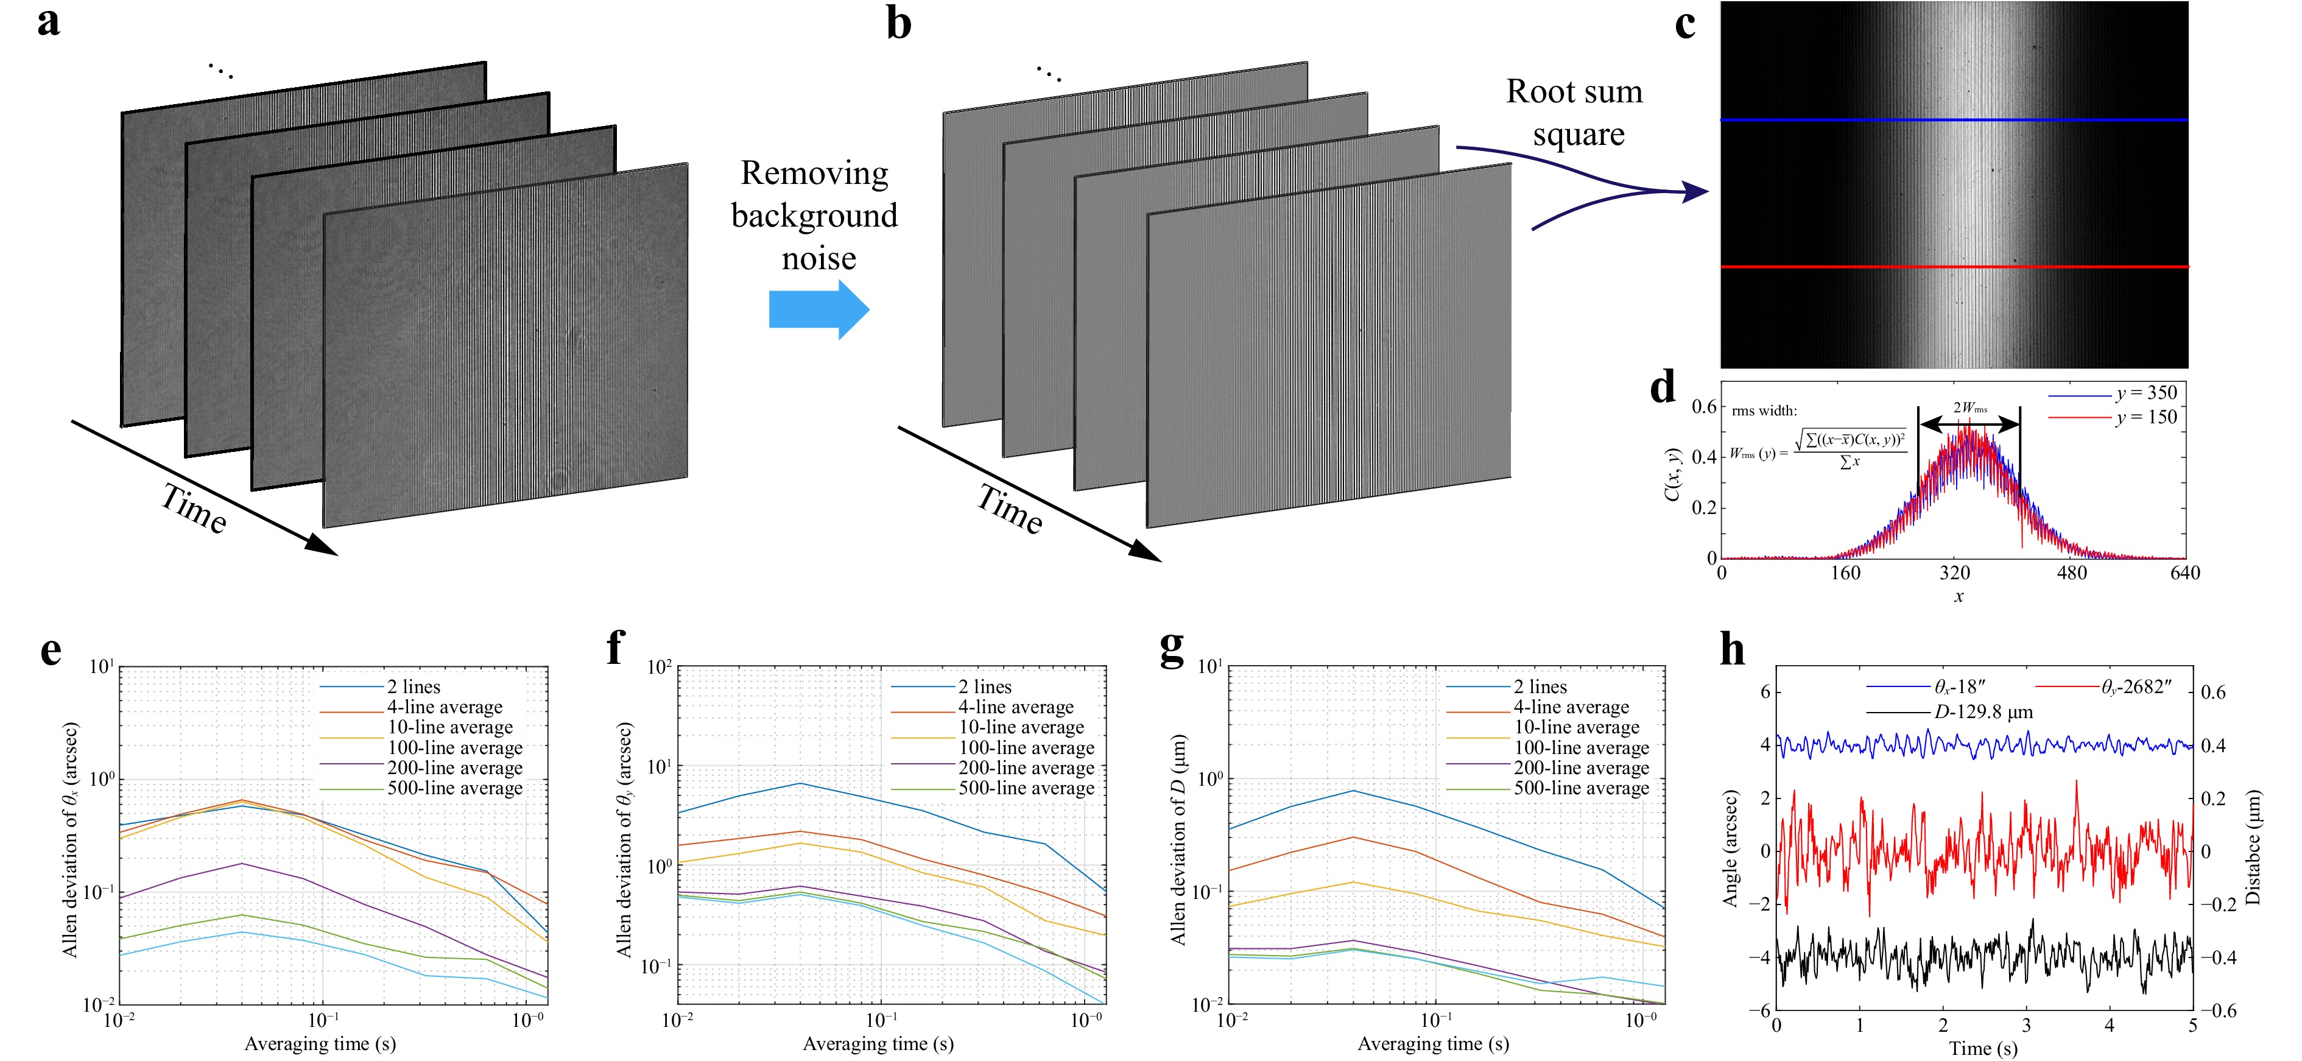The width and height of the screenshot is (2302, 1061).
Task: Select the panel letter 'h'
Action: pos(1732,650)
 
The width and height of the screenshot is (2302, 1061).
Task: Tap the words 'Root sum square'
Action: pos(1575,113)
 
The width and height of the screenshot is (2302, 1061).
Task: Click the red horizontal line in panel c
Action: pos(1954,266)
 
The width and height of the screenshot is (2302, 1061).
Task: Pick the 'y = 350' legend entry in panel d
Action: pos(2145,393)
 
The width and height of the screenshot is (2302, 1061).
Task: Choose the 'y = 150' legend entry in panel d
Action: pos(2145,417)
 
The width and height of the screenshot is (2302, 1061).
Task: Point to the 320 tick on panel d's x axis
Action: pos(1954,574)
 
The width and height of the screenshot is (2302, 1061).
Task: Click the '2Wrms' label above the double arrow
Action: pos(1969,409)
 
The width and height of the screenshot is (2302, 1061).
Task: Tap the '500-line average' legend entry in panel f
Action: pos(1026,788)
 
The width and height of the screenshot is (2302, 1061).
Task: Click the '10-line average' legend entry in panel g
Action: pos(1575,728)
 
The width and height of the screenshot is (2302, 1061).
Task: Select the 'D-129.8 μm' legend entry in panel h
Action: pos(1983,713)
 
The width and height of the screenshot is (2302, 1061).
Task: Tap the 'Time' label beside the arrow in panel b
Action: pos(1010,510)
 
